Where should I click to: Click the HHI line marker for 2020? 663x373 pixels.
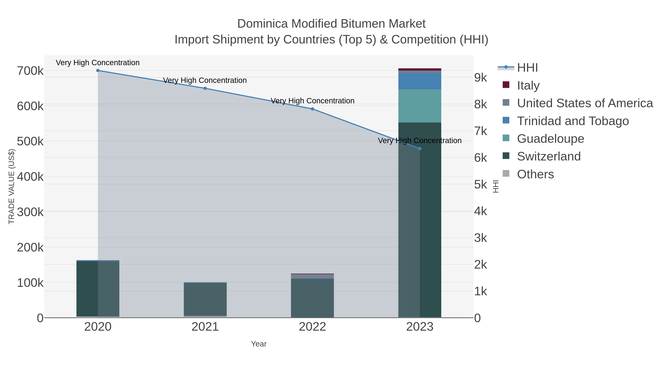pos(98,71)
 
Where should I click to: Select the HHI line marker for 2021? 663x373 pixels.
pos(205,88)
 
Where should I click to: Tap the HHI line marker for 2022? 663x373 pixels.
pos(313,109)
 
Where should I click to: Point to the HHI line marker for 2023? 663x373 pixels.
pos(420,148)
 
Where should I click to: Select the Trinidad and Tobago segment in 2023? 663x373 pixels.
pos(420,81)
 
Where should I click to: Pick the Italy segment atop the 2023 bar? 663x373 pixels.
pos(420,69)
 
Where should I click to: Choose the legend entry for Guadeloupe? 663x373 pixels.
pos(550,139)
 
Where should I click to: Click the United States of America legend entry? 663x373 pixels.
pos(585,103)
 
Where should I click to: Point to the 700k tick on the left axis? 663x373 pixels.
pos(30,71)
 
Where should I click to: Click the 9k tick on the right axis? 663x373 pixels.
pos(480,78)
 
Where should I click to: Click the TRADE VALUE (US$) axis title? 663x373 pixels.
pos(12,186)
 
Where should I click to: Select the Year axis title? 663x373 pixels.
pos(259,344)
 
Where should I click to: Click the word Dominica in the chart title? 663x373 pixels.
pos(262,24)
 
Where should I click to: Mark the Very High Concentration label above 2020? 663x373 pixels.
pos(98,63)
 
